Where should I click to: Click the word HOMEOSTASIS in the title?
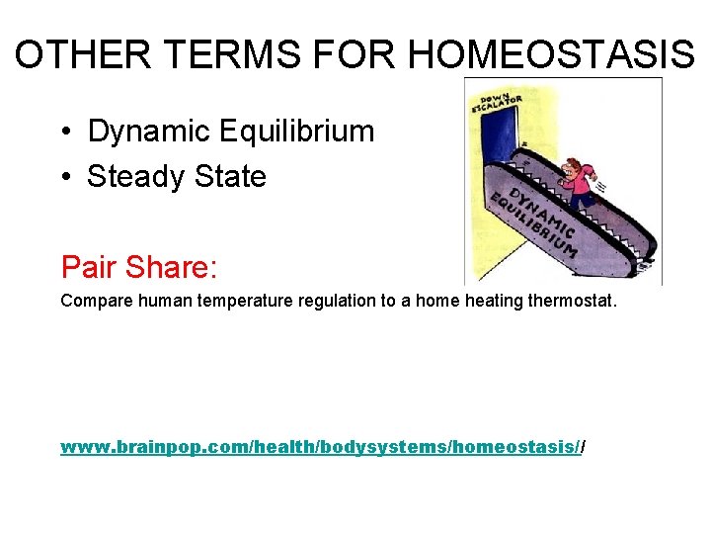click(551, 56)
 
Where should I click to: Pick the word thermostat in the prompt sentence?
click(568, 301)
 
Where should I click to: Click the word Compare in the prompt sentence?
click(91, 301)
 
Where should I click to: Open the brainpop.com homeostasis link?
click(321, 448)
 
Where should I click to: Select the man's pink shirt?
click(580, 186)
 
